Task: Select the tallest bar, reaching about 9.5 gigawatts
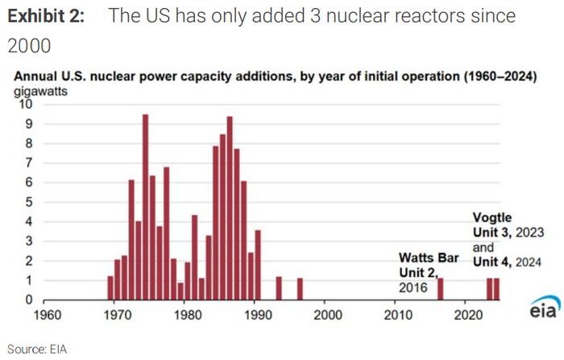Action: point(145,207)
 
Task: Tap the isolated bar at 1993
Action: point(279,288)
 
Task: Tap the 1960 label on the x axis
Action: point(46,315)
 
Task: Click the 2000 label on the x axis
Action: point(326,315)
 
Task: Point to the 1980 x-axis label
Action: point(186,315)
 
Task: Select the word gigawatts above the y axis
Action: point(38,90)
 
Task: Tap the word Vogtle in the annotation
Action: point(491,217)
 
